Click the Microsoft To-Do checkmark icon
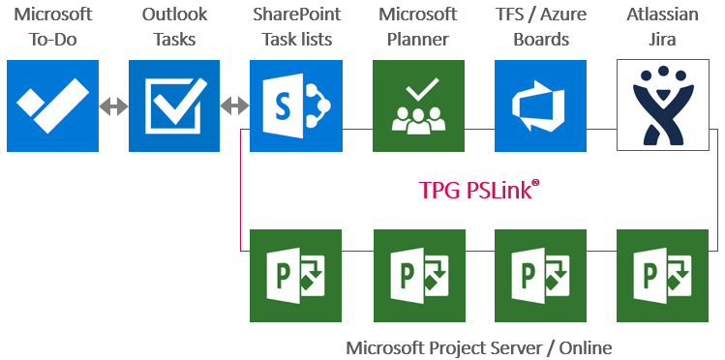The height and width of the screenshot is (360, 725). coord(52,105)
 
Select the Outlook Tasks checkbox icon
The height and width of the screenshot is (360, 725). coord(174,105)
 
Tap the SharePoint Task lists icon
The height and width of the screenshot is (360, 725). coord(295,105)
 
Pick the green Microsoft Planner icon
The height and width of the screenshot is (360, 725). coord(418,105)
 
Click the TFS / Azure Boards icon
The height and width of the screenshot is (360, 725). coord(540,105)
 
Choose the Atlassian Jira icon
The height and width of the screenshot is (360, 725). coord(662,105)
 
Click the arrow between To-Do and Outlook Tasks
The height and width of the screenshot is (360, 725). coord(113,105)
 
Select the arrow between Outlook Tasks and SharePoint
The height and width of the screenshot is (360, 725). coord(235,105)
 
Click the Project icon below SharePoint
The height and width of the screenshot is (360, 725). coord(295,275)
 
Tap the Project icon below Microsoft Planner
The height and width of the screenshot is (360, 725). coord(418,275)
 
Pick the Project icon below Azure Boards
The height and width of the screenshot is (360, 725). coord(540,275)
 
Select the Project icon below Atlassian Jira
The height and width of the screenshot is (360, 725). coord(662,275)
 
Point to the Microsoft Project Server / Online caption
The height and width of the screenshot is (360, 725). coord(479,346)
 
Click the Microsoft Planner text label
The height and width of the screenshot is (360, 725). coord(418,27)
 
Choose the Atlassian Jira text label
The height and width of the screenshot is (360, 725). coord(662,27)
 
